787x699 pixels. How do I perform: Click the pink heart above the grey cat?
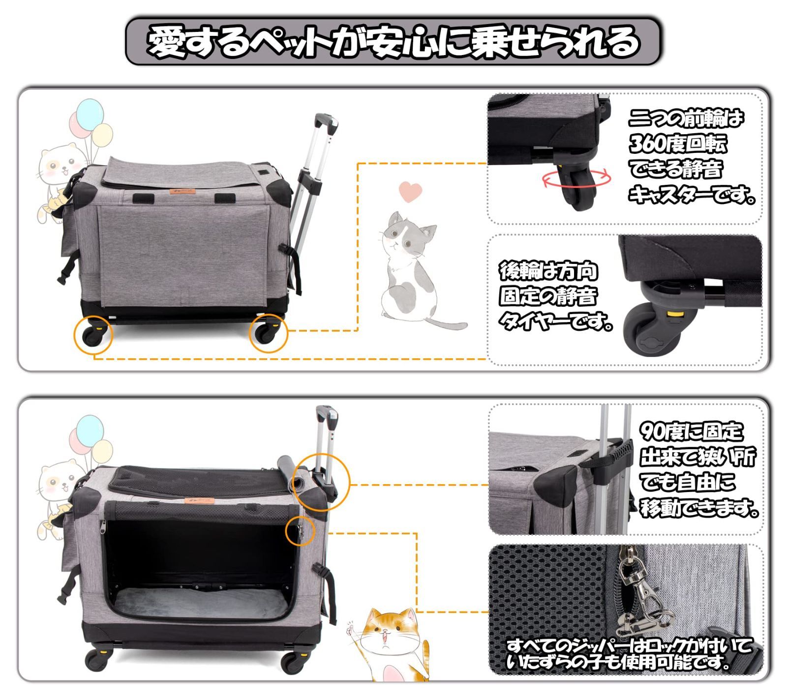[x=410, y=191]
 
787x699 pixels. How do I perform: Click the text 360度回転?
[x=677, y=144]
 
